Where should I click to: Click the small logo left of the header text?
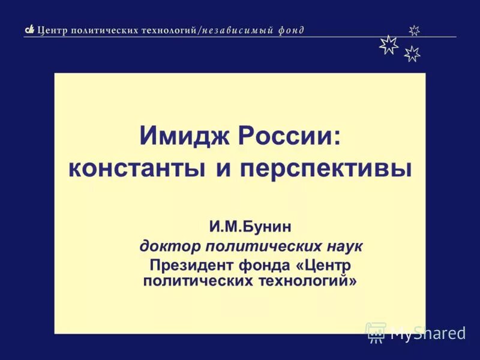(x=29, y=30)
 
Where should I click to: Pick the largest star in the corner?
(x=389, y=45)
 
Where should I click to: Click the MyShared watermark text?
(x=428, y=333)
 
